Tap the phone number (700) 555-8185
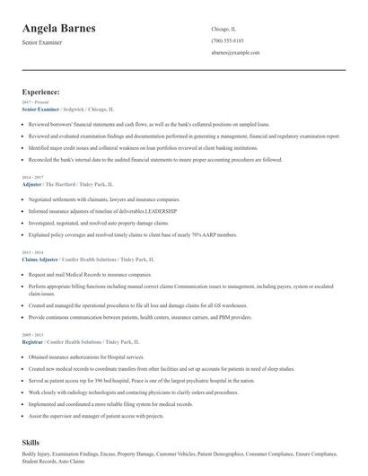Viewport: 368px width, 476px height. coord(228,40)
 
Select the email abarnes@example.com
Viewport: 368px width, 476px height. coord(236,53)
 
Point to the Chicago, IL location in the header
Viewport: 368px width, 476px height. coord(225,29)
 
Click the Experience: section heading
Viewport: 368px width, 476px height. coord(41,92)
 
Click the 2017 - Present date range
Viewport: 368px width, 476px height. coord(36,102)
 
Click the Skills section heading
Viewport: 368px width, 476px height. coord(32,444)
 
